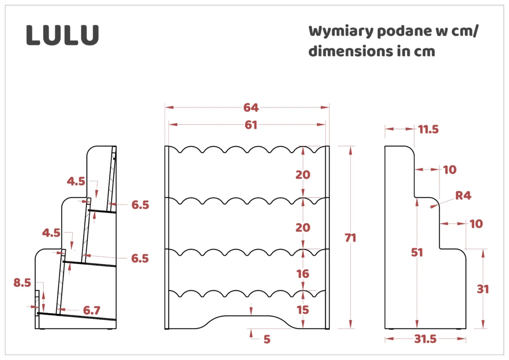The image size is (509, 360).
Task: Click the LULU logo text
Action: click(x=63, y=35)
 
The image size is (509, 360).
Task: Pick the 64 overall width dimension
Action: click(x=251, y=107)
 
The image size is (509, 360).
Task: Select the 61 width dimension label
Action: click(x=251, y=125)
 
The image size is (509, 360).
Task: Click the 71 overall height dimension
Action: click(x=351, y=238)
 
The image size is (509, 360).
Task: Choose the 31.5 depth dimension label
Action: click(x=425, y=339)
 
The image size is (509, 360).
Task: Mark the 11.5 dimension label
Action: click(x=428, y=130)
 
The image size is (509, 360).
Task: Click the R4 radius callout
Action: click(x=463, y=196)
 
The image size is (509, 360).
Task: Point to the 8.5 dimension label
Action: click(x=22, y=283)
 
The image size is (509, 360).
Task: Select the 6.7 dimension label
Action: click(x=92, y=310)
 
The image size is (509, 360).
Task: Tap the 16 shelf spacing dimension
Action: click(x=302, y=274)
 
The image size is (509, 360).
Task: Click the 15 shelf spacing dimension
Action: click(x=302, y=310)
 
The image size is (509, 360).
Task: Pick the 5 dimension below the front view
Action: click(x=267, y=339)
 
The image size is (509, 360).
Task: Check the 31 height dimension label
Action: click(x=483, y=289)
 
